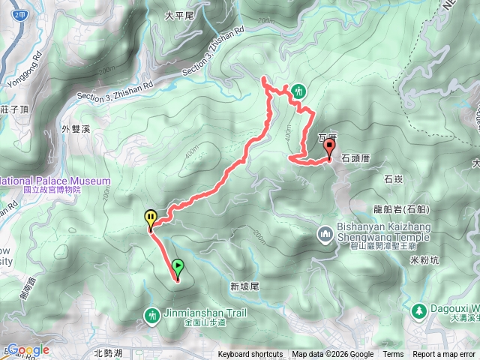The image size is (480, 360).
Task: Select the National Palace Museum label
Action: pyautogui.click(x=54, y=181)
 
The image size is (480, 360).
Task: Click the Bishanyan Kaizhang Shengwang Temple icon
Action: pyautogui.click(x=325, y=235)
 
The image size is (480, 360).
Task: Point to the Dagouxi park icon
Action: pyautogui.click(x=418, y=310)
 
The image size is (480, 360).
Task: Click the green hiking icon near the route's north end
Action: pyautogui.click(x=298, y=91)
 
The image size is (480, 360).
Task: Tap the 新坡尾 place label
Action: pyautogui.click(x=244, y=286)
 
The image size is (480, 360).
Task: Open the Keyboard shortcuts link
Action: pyautogui.click(x=250, y=355)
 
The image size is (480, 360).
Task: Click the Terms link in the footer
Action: pyautogui.click(x=393, y=355)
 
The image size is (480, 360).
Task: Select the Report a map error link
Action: pyautogui.click(x=445, y=355)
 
